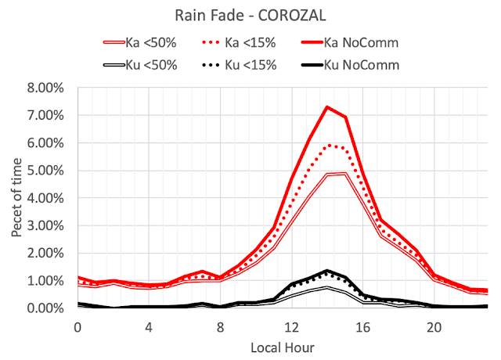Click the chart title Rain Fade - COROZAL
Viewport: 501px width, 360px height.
click(x=250, y=16)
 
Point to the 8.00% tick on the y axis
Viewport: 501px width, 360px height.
click(x=49, y=88)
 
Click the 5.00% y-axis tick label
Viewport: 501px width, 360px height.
click(x=49, y=171)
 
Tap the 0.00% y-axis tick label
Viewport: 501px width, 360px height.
click(x=49, y=308)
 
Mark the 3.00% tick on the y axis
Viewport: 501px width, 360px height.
click(x=49, y=225)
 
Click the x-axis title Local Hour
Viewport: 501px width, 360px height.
click(x=283, y=344)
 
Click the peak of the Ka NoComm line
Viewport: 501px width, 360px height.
click(x=327, y=107)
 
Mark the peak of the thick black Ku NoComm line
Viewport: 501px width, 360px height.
click(x=327, y=271)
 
